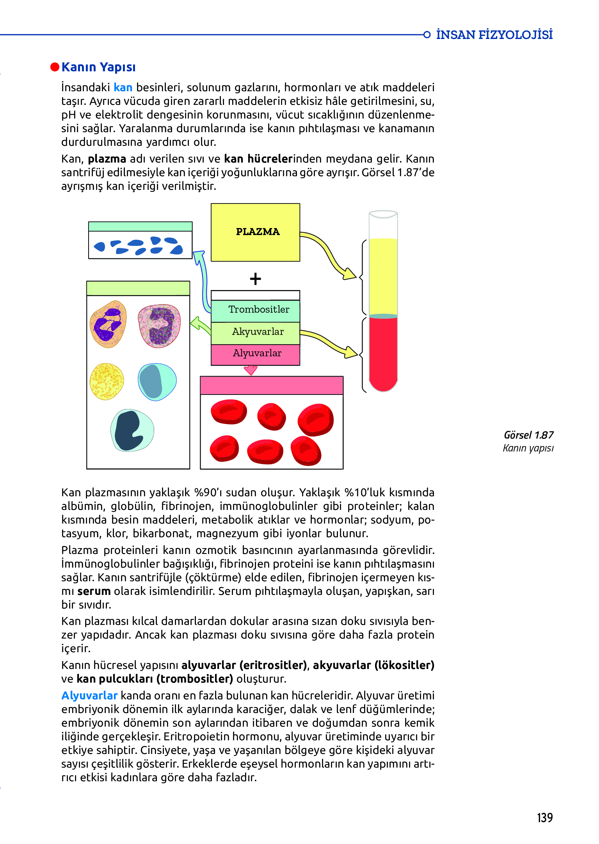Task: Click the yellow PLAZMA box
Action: click(255, 232)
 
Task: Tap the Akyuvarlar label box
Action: click(256, 333)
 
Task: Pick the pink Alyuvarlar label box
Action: click(256, 354)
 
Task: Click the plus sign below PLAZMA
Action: click(255, 279)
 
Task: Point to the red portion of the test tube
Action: click(383, 351)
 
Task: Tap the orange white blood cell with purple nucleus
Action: click(108, 324)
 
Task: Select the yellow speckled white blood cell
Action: click(107, 381)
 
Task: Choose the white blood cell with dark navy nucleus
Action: click(132, 431)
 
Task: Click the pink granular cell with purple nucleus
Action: click(159, 326)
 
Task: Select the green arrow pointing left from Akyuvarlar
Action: click(200, 325)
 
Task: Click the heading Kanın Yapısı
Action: click(98, 67)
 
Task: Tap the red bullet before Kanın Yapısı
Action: click(55, 67)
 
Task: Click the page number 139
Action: click(544, 817)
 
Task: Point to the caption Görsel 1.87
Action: click(528, 435)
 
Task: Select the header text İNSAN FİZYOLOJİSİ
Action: click(494, 35)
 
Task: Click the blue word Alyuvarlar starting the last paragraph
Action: click(89, 695)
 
